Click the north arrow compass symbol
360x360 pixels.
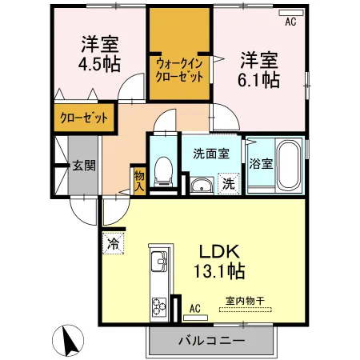[x=68, y=341]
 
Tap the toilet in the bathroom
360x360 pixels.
[x=163, y=171]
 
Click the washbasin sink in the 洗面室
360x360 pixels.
[x=202, y=185]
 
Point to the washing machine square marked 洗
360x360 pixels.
[x=228, y=183]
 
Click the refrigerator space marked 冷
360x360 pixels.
[x=113, y=243]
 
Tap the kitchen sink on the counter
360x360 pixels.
[x=159, y=261]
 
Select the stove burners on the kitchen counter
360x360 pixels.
[x=159, y=307]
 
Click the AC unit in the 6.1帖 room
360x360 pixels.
[x=290, y=13]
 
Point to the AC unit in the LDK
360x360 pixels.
[x=195, y=318]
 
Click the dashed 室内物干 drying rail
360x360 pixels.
[x=246, y=310]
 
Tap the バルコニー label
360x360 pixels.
[x=211, y=340]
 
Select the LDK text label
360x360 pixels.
[x=219, y=251]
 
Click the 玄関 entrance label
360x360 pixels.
[x=84, y=166]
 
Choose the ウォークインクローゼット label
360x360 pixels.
[x=179, y=70]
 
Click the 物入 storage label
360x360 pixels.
[x=139, y=181]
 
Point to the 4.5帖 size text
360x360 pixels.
[x=99, y=64]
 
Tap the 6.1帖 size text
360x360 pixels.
[x=258, y=80]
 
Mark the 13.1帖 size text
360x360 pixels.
[x=219, y=270]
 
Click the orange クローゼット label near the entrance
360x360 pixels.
[x=84, y=118]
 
